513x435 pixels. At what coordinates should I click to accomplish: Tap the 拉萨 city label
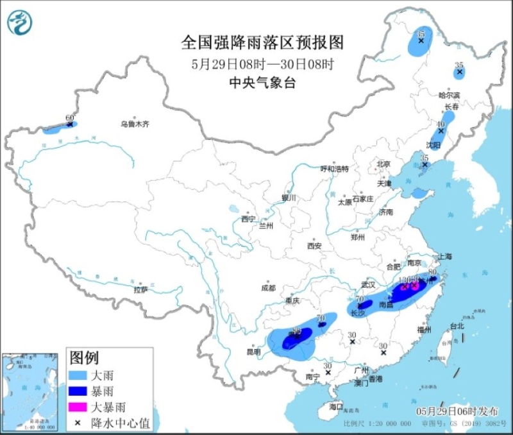pos(141,290)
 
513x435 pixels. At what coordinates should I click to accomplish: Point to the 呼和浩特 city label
pos(334,169)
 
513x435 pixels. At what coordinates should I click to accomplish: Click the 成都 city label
pos(268,288)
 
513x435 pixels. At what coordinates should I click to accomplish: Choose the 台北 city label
pos(456,326)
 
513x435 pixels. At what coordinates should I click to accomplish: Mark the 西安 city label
pos(314,246)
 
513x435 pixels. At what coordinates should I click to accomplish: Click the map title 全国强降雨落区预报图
pos(263,42)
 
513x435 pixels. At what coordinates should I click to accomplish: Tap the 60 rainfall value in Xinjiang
pos(70,118)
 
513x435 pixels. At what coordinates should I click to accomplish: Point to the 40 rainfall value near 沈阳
pos(441,124)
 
